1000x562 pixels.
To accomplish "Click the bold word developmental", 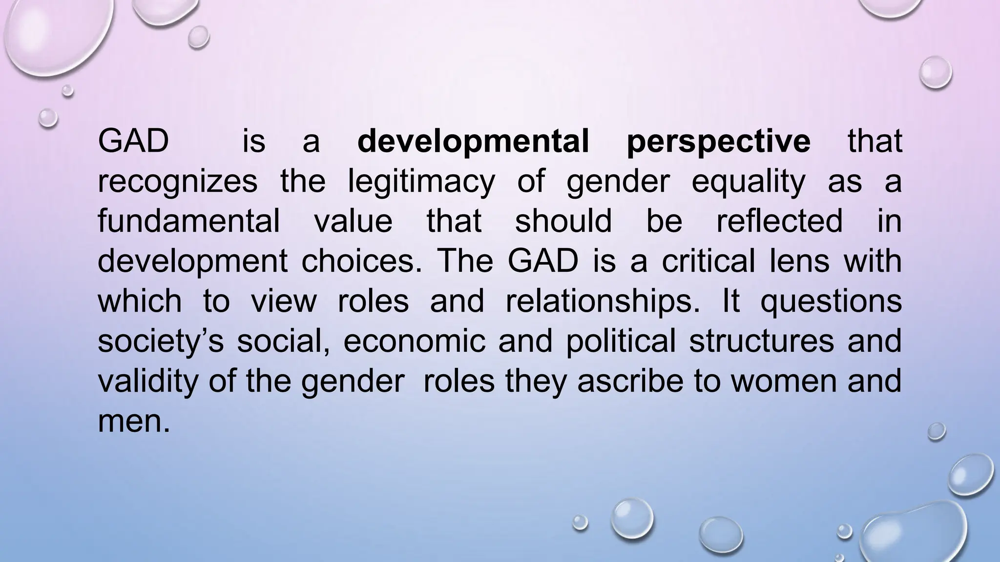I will tap(473, 141).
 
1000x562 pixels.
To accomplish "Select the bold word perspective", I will tap(718, 141).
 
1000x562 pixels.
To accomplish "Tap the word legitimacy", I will tap(421, 181).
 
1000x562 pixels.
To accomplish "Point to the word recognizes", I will tap(177, 181).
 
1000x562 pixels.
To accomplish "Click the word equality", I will tap(748, 181).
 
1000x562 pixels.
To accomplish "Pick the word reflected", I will tap(779, 221).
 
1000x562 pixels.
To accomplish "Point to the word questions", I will tap(831, 301).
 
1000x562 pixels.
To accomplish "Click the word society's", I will tap(161, 341).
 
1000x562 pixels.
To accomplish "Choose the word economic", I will tap(415, 341).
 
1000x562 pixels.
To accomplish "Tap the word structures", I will tap(761, 341).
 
